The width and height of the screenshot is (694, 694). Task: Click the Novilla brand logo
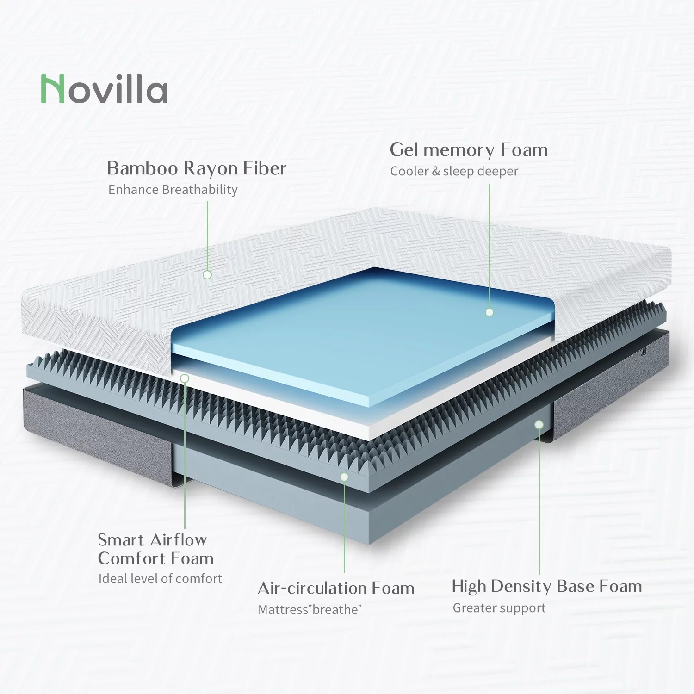(105, 89)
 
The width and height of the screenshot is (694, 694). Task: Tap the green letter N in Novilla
(52, 89)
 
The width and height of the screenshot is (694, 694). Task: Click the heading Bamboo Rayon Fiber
(197, 168)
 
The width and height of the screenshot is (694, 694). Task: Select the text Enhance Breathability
(173, 190)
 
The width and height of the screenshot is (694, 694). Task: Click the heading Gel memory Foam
(469, 150)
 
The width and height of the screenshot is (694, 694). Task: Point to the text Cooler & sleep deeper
(454, 171)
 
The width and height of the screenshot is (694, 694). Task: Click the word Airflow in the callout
(178, 540)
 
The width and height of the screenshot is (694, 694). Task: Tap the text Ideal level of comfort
(160, 579)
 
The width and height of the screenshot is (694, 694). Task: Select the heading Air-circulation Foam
(336, 588)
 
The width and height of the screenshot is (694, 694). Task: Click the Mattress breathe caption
(310, 610)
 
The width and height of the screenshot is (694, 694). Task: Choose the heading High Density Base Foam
(547, 586)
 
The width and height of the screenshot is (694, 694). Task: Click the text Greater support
(499, 608)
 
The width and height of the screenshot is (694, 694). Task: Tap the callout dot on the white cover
(207, 274)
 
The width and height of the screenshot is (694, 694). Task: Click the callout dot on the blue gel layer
(490, 312)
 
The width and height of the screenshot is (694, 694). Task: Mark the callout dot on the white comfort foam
(185, 378)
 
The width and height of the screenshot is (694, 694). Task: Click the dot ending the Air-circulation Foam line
(344, 477)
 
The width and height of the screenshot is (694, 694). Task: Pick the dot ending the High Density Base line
(539, 424)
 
